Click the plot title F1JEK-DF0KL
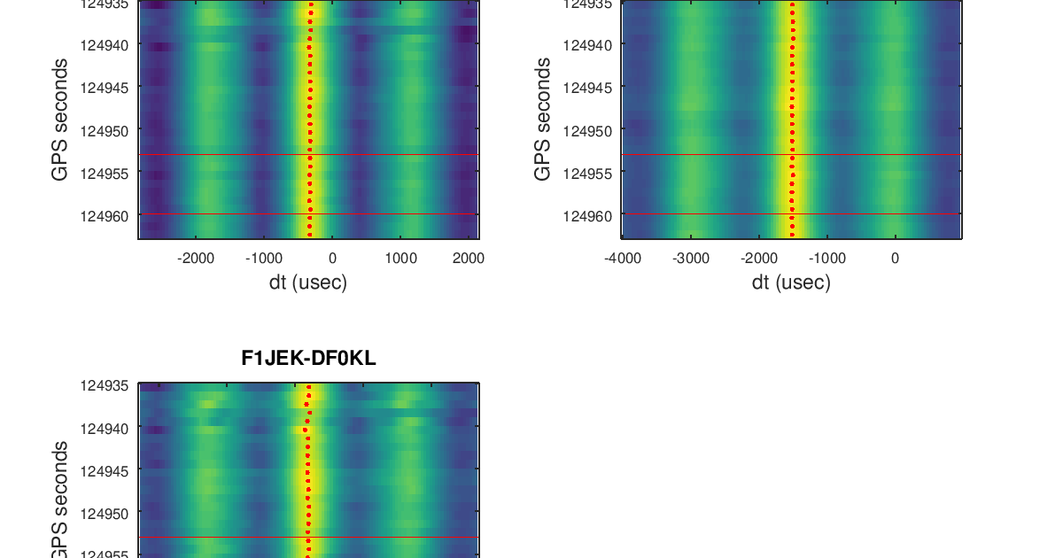click(x=308, y=359)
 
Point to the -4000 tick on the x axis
click(x=623, y=259)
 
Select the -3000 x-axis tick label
click(x=691, y=259)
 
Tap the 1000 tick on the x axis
click(x=400, y=259)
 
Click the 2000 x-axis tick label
click(x=468, y=259)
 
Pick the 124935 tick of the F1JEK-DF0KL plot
click(x=105, y=386)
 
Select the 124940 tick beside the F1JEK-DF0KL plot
click(x=105, y=428)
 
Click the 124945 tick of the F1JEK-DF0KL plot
click(x=105, y=470)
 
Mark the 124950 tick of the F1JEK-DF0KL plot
click(x=105, y=513)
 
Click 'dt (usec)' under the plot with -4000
click(x=791, y=283)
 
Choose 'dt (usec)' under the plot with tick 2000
click(x=308, y=283)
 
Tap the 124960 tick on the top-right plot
click(x=586, y=215)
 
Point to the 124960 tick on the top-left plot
click(x=105, y=215)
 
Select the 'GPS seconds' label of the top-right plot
click(x=543, y=120)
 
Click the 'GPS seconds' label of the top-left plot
click(x=60, y=120)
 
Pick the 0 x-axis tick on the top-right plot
click(x=895, y=259)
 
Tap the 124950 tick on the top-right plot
click(x=586, y=130)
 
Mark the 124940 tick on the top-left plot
click(x=105, y=44)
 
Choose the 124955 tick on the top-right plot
click(x=586, y=173)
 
